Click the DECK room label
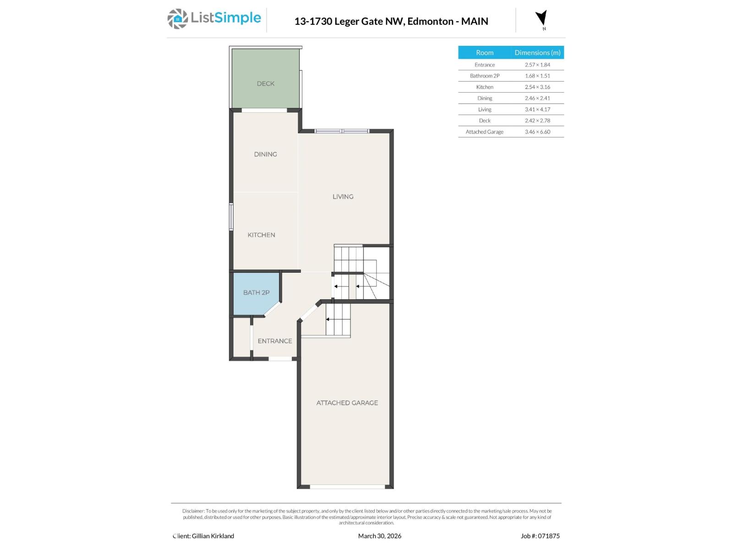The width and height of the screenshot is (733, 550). (x=266, y=83)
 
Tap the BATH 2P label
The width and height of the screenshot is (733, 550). (x=256, y=292)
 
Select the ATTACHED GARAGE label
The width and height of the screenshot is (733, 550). (x=347, y=403)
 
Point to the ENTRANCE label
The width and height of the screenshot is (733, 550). (x=274, y=341)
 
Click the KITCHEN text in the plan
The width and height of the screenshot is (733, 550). (x=261, y=235)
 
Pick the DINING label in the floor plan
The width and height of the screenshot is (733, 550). (x=265, y=154)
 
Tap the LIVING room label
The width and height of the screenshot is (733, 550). (x=343, y=197)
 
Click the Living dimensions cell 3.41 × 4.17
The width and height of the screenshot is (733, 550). (x=537, y=110)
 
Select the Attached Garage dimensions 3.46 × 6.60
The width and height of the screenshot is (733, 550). (x=537, y=132)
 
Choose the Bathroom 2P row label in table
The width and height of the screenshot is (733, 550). (x=484, y=76)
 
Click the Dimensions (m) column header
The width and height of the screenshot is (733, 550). (x=537, y=53)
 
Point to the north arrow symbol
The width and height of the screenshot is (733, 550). (x=542, y=18)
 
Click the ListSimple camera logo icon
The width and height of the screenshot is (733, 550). (x=177, y=19)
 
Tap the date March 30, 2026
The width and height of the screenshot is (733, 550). (x=379, y=536)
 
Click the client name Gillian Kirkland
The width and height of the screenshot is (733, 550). (x=213, y=536)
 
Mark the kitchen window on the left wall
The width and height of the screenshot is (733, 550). (x=231, y=216)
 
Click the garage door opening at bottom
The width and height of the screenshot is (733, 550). (x=347, y=487)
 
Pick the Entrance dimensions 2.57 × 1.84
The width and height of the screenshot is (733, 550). (x=537, y=65)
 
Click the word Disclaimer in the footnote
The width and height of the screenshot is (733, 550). (x=193, y=511)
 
